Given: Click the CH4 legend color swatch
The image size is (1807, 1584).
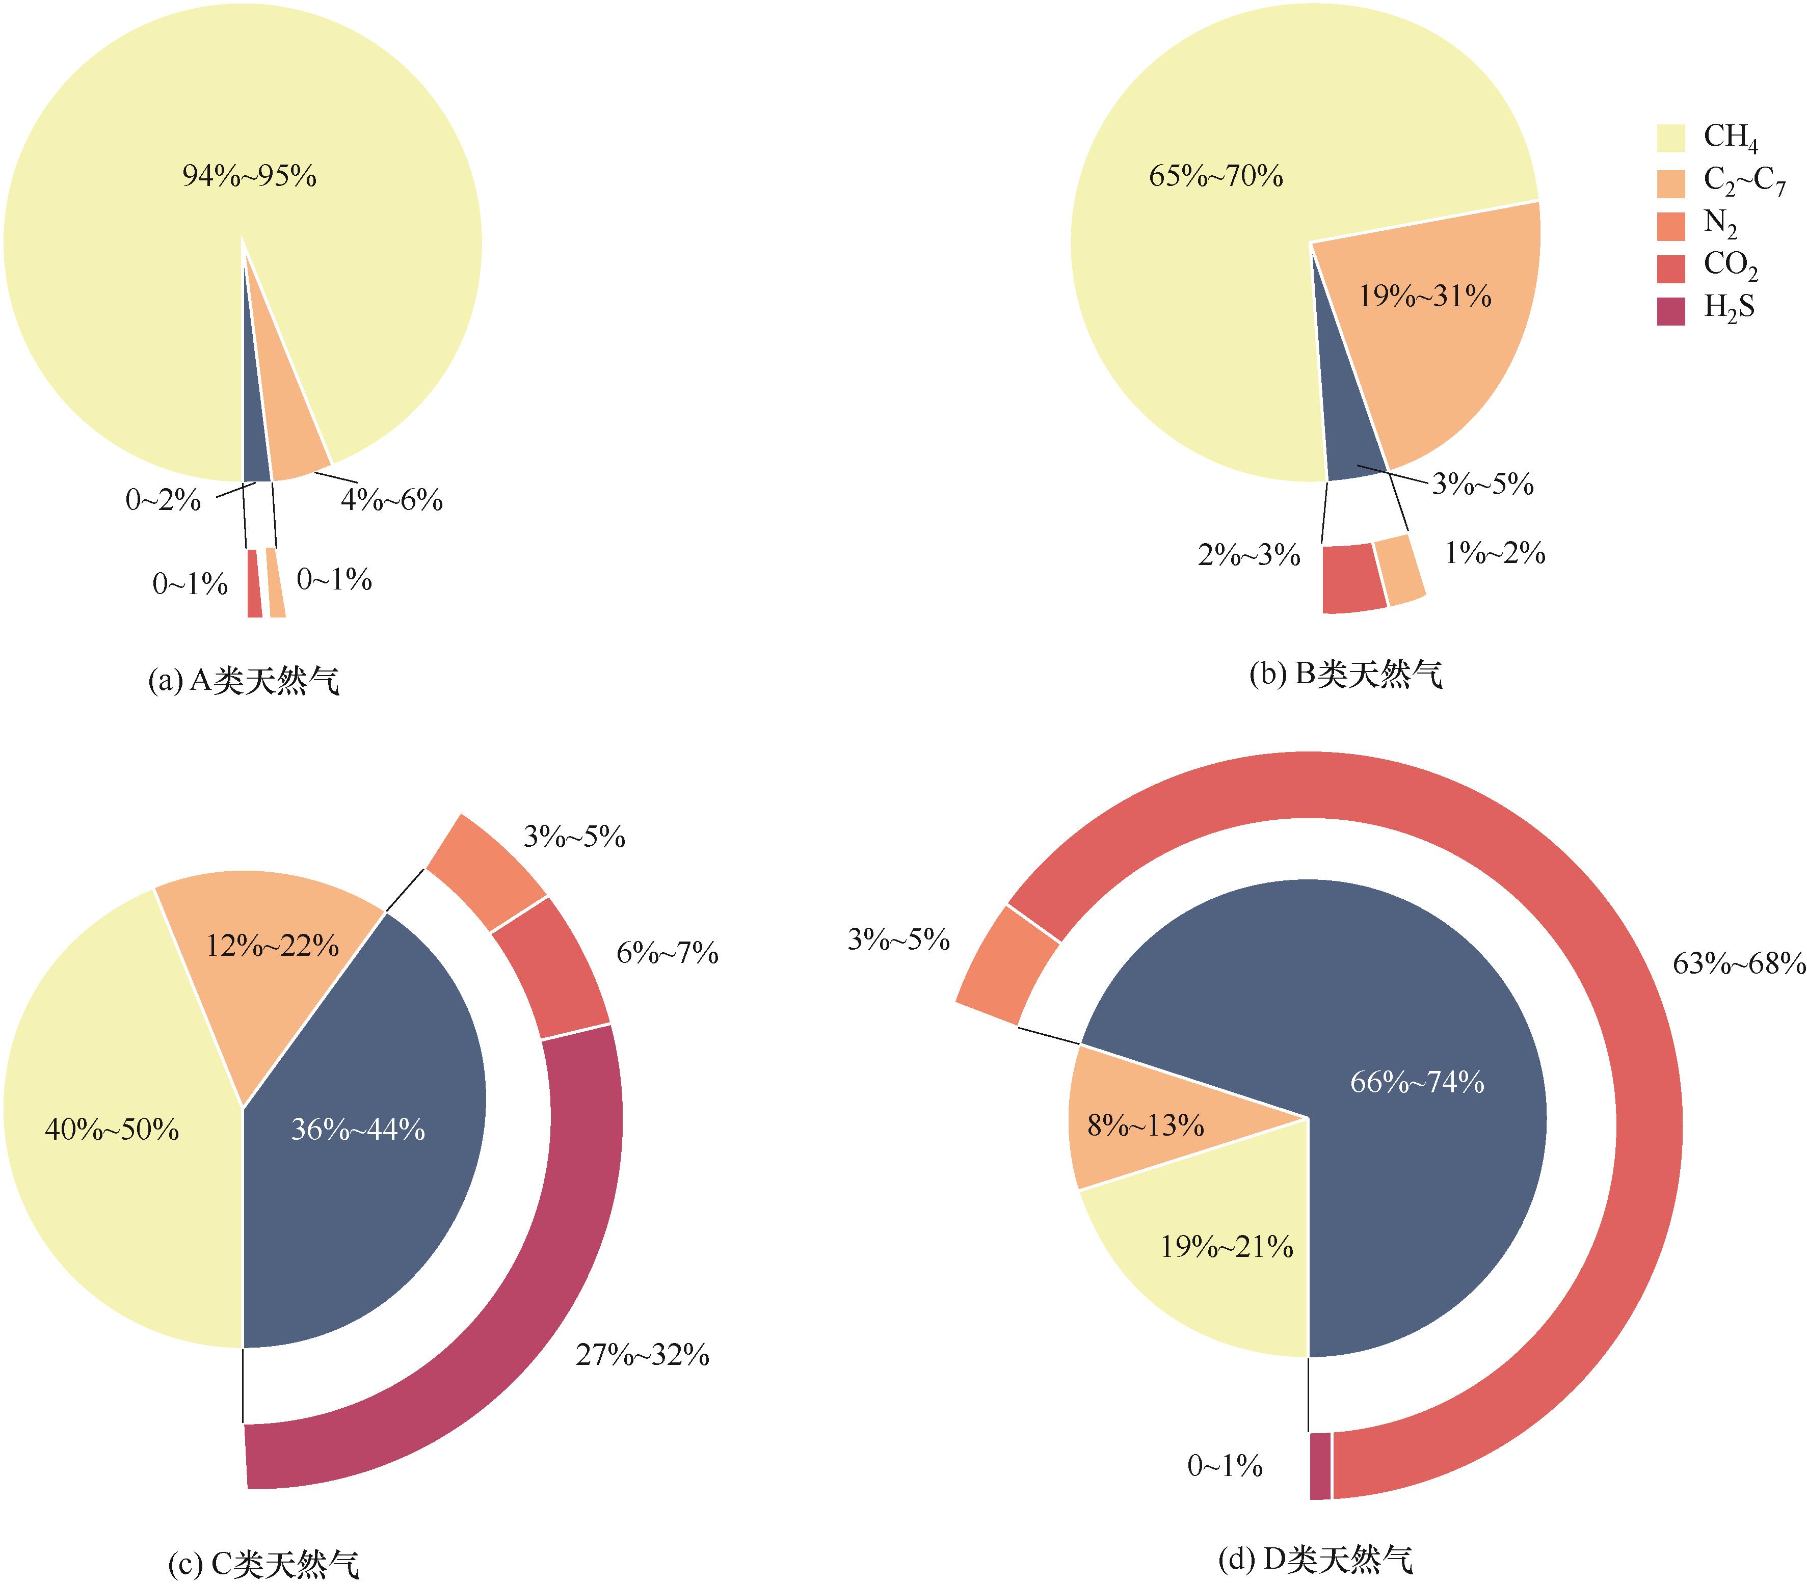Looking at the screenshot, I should click(1670, 138).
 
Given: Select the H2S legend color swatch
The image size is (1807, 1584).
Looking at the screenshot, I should click(1670, 311).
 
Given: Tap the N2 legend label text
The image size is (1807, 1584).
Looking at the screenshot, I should click(1719, 225).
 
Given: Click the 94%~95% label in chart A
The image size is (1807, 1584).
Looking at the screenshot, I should click(249, 176).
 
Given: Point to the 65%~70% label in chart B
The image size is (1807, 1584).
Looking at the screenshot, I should click(1215, 176).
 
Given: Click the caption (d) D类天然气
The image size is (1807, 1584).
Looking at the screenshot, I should click(1315, 1559).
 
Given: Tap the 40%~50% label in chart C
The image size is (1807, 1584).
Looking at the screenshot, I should click(112, 1129).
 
